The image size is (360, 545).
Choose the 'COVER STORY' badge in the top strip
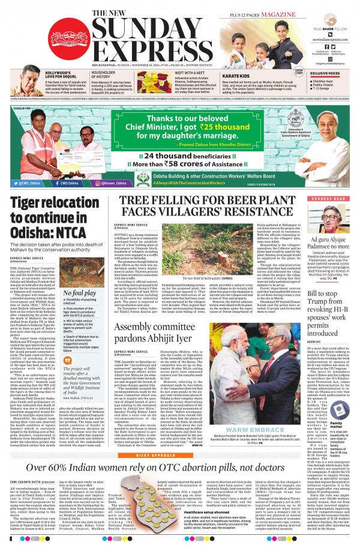[x=298, y=72]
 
